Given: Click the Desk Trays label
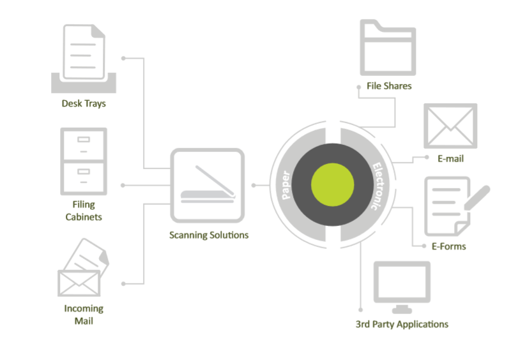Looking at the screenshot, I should [x=83, y=103].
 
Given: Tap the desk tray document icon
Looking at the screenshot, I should [x=83, y=54].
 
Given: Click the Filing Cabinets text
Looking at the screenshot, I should [x=83, y=211].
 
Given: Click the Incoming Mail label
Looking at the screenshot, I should [x=83, y=315].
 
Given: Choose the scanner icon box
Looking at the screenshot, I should [x=208, y=186].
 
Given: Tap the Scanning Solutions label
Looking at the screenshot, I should [x=209, y=235].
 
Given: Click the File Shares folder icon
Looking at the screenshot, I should [x=388, y=47].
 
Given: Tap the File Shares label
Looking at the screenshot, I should [x=389, y=86].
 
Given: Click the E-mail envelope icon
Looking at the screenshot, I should [x=450, y=126].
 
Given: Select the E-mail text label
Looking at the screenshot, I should [x=450, y=158].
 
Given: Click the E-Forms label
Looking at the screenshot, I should [x=448, y=246].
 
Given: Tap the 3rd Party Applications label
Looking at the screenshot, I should [x=402, y=324].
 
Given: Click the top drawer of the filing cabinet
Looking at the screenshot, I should [x=83, y=144].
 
